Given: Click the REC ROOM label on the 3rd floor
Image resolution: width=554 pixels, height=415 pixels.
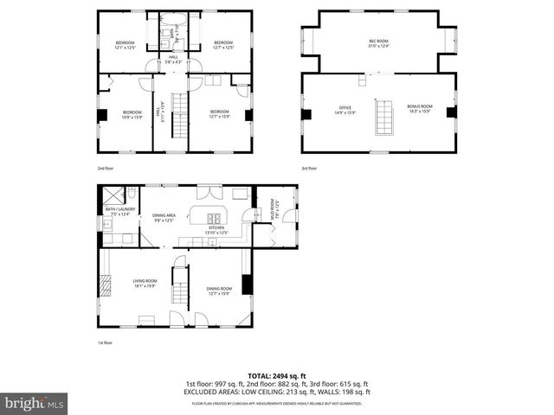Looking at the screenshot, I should coord(378,41).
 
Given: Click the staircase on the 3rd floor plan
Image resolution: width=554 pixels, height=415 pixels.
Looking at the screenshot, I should coord(382,118).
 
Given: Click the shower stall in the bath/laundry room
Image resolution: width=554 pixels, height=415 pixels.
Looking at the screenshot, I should coord(111,195).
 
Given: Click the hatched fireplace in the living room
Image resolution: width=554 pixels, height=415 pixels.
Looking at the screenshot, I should coord(106,286).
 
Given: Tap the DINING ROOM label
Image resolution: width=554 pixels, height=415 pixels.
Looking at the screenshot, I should coord(219,290).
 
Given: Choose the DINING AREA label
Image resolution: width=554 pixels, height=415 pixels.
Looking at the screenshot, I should coord(164,217).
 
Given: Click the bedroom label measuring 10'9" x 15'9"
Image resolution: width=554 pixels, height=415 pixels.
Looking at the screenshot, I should coord(132,114).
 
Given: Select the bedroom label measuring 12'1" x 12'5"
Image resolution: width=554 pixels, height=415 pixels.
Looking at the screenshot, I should coord(126,45).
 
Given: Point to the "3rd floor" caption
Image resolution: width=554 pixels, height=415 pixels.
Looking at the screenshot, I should coord(309,168).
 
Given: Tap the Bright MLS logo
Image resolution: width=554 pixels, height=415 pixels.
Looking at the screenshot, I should coord(35,402).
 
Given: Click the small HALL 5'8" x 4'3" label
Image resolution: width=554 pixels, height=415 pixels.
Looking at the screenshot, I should coord(174,60).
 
